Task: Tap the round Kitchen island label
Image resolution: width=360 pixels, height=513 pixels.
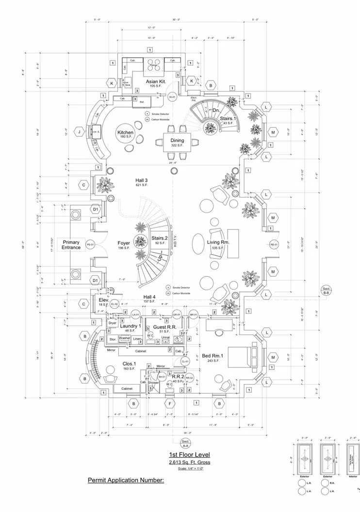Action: click(125, 132)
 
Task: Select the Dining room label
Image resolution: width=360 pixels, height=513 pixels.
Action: click(177, 140)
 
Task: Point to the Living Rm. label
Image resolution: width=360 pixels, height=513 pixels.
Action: click(218, 242)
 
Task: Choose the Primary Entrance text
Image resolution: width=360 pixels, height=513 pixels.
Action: click(71, 244)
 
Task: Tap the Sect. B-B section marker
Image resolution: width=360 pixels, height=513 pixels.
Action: click(326, 291)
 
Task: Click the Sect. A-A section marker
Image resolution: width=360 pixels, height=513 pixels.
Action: click(185, 443)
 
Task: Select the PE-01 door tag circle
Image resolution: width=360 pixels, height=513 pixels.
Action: click(90, 244)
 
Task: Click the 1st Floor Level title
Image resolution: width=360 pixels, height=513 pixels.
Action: click(189, 454)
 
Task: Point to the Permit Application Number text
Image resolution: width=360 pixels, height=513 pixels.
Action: click(126, 481)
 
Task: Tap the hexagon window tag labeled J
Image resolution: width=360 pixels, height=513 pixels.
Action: click(78, 131)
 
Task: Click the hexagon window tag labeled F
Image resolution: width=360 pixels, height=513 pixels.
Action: click(170, 403)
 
